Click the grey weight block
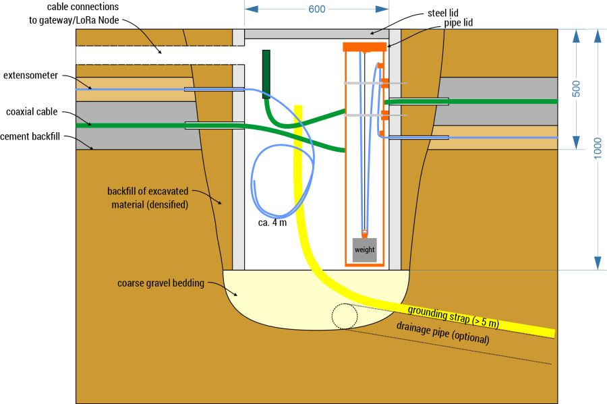(x=364, y=250)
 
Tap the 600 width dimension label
(x=316, y=10)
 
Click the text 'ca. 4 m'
(x=272, y=223)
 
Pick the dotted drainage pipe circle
(x=345, y=316)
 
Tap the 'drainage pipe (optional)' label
(x=442, y=333)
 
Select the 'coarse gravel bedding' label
(x=161, y=283)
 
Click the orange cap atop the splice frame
(x=364, y=47)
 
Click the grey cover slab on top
(x=316, y=34)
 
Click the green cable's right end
(x=554, y=101)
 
